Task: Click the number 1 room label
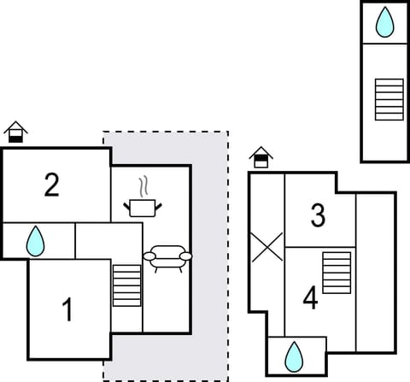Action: [67, 310]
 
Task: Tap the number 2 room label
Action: [52, 185]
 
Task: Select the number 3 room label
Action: [318, 216]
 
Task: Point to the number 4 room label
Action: [311, 298]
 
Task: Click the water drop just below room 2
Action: [35, 241]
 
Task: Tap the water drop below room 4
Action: [294, 356]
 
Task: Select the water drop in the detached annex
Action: [386, 23]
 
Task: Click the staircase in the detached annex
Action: [389, 99]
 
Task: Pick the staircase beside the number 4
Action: [337, 273]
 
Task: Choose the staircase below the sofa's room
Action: [126, 285]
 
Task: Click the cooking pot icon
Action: [141, 206]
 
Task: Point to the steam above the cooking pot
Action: [144, 185]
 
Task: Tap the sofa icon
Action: [167, 256]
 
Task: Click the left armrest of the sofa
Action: [149, 256]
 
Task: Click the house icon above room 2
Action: [15, 132]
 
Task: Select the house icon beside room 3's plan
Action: [261, 156]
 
